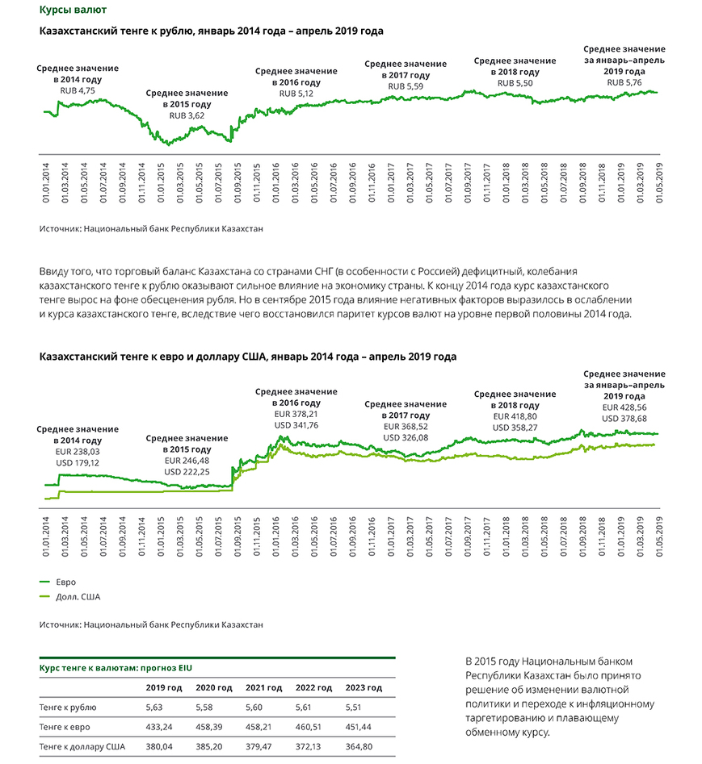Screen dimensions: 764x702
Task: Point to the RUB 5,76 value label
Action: [x=624, y=82]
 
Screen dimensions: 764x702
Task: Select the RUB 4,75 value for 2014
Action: [x=78, y=91]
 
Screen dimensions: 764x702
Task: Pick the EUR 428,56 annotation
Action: [x=624, y=408]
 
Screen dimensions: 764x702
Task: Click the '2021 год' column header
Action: [x=263, y=687]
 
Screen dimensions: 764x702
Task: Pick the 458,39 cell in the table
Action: [x=213, y=726]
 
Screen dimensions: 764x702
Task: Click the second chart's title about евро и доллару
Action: [x=248, y=356]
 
